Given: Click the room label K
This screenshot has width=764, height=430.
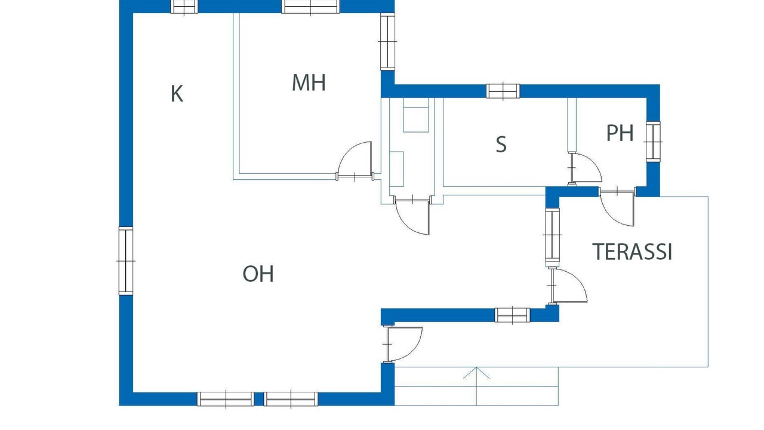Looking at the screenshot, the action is point(177,94).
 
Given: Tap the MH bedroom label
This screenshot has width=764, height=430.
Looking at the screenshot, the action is point(309,82).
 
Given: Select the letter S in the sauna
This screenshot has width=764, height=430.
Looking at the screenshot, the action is point(501,145).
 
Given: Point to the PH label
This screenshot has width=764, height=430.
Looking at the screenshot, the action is point(620,133).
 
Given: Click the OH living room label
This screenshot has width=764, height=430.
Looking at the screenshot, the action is point(258,274).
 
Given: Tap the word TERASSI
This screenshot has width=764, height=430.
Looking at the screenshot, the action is point(632,252).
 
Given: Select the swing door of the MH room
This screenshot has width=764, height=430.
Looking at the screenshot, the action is point(355,161).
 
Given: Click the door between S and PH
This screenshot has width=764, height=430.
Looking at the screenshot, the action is point(584,168).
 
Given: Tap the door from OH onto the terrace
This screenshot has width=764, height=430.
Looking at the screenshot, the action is point(568,286).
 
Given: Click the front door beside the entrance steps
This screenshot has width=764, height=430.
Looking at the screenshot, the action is point(403,344).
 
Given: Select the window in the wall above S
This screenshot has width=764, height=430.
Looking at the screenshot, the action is point(503,91).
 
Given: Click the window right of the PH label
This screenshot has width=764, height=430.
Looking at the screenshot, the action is point(653,142).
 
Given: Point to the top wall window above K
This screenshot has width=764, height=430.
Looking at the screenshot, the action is point(184,6).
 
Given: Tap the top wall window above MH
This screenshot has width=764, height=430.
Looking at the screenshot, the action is point(310,6).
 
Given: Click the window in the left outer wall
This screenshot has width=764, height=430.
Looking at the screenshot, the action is point(126,261).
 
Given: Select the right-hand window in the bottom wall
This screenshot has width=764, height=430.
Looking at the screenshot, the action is point(291,399).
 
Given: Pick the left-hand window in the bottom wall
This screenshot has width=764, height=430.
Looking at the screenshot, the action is point(226,399).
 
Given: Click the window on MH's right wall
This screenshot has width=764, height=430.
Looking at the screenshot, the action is point(387,41).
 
